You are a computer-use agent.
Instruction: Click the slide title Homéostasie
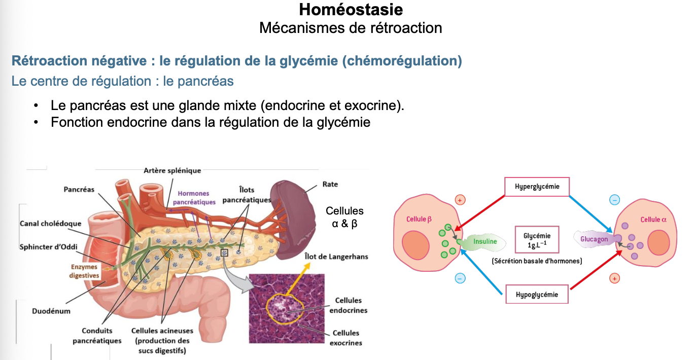point(351,9)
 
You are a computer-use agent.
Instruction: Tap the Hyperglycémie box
point(537,187)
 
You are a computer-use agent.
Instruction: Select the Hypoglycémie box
point(537,295)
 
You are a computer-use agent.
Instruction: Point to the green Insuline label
point(484,242)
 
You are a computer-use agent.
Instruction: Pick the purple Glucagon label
point(594,239)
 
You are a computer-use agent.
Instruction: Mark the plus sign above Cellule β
point(460,200)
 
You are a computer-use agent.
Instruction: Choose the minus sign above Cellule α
point(614,200)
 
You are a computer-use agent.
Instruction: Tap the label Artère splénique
point(172,171)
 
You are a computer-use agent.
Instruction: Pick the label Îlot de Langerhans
point(336,257)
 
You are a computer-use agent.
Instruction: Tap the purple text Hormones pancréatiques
point(194,198)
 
